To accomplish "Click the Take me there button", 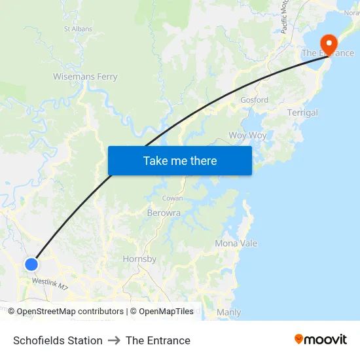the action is pyautogui.click(x=180, y=160).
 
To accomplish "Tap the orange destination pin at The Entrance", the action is pyautogui.click(x=327, y=43).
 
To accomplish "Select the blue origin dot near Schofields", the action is pyautogui.click(x=31, y=264).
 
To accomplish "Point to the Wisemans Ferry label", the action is pyautogui.click(x=85, y=77).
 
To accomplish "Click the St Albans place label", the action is pyautogui.click(x=78, y=29).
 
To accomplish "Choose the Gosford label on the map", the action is pyautogui.click(x=254, y=100).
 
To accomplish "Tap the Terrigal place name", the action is pyautogui.click(x=302, y=113).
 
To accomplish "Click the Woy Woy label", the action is pyautogui.click(x=247, y=135).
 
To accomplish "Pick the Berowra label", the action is pyautogui.click(x=164, y=213).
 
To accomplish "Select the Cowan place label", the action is pyautogui.click(x=173, y=198).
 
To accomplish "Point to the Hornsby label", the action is pyautogui.click(x=139, y=259).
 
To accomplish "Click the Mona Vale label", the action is pyautogui.click(x=236, y=243).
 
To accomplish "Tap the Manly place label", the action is pyautogui.click(x=228, y=312).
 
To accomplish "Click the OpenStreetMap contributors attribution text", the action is pyautogui.click(x=70, y=312).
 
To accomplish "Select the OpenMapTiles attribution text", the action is pyautogui.click(x=166, y=312).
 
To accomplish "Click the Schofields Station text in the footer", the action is pyautogui.click(x=58, y=340).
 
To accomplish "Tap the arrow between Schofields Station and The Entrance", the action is pyautogui.click(x=114, y=340).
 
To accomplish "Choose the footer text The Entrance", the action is pyautogui.click(x=158, y=340).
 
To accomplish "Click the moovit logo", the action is pyautogui.click(x=321, y=339).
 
